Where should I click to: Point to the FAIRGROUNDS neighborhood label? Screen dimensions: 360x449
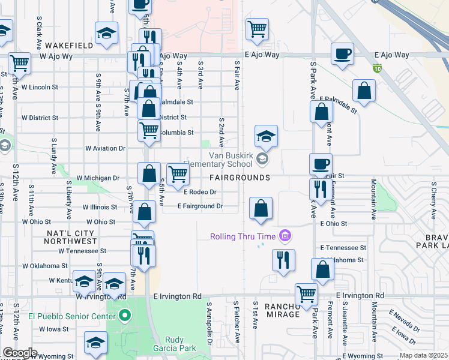[x=240, y=178]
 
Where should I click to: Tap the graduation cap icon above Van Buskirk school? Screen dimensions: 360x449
[x=266, y=137]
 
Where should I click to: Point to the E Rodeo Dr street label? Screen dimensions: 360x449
[x=199, y=192]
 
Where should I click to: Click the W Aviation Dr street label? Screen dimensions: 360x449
[x=105, y=148]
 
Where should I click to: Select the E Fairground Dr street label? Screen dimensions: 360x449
[x=200, y=206]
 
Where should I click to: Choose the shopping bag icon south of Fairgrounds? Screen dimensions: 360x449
[x=261, y=209]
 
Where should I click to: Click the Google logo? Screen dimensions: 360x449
[x=19, y=353]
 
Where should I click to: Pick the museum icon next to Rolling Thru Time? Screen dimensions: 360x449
[x=285, y=236]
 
